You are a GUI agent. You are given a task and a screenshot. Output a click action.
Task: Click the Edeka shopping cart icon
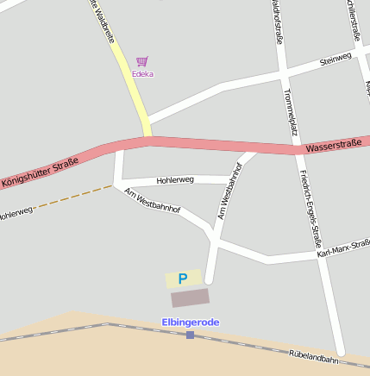tap(142, 61)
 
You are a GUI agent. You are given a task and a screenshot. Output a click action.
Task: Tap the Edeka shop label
tap(142, 74)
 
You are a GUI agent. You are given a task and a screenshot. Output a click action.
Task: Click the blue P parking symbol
tap(182, 279)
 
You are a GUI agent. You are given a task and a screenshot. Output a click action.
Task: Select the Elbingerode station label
tap(191, 322)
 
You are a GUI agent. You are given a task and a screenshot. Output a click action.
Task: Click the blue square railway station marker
tap(190, 334)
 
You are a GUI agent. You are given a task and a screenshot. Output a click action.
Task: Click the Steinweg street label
tap(336, 59)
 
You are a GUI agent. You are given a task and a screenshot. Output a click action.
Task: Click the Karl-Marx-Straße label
tap(343, 249)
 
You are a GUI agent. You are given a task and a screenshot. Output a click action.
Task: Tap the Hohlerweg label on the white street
tap(176, 179)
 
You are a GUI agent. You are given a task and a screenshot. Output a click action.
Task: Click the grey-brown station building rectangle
tap(190, 298)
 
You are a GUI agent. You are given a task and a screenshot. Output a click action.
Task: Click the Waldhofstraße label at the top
tap(278, 22)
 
